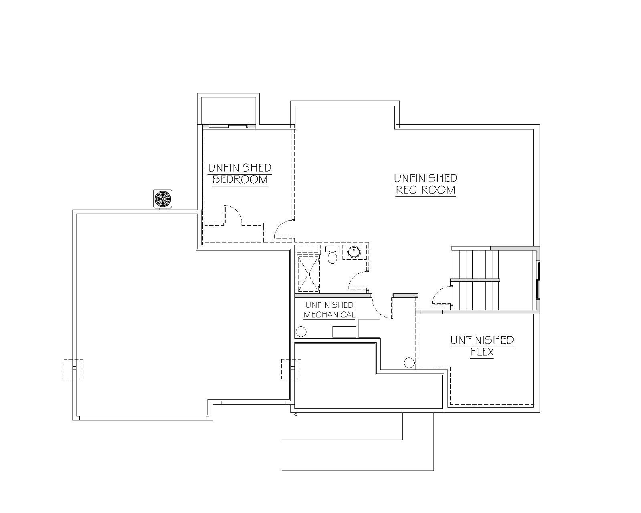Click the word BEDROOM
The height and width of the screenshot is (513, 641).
240,180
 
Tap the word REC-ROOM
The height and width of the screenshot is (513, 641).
425,190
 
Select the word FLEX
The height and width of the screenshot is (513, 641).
482,352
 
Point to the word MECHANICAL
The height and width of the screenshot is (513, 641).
329,315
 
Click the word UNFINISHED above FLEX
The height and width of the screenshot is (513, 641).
482,340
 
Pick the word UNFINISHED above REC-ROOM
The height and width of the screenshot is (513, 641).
425,178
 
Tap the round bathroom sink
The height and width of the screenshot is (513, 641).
354,252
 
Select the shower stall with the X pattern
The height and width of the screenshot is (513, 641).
308,274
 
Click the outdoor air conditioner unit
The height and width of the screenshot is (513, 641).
163,199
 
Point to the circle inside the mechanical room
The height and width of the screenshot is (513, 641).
301,332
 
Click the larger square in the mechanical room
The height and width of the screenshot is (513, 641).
369,328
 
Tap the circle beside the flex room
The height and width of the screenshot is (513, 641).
409,363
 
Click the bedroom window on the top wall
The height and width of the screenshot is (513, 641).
228,126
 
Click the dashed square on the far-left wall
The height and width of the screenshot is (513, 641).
74,369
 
